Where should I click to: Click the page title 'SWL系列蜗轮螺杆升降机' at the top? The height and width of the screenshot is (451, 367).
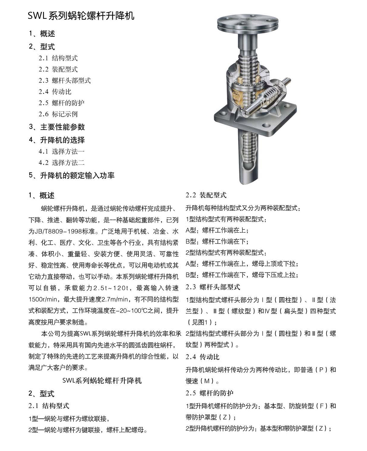(81, 16)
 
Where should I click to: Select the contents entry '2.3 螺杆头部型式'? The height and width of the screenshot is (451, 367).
(65, 81)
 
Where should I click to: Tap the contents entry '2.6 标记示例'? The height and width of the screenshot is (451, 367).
(58, 114)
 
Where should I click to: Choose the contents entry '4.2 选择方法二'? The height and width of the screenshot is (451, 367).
(61, 163)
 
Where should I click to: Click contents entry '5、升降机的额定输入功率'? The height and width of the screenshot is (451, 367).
(72, 175)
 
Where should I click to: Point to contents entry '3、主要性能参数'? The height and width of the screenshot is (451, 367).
(57, 127)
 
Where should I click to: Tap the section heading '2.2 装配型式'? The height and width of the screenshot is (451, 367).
(206, 195)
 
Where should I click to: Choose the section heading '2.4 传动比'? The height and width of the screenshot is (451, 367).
(202, 357)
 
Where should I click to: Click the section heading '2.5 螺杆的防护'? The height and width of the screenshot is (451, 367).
(209, 393)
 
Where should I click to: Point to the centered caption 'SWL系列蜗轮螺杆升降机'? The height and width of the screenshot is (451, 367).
(102, 381)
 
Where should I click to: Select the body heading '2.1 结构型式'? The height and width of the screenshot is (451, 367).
(49, 406)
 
